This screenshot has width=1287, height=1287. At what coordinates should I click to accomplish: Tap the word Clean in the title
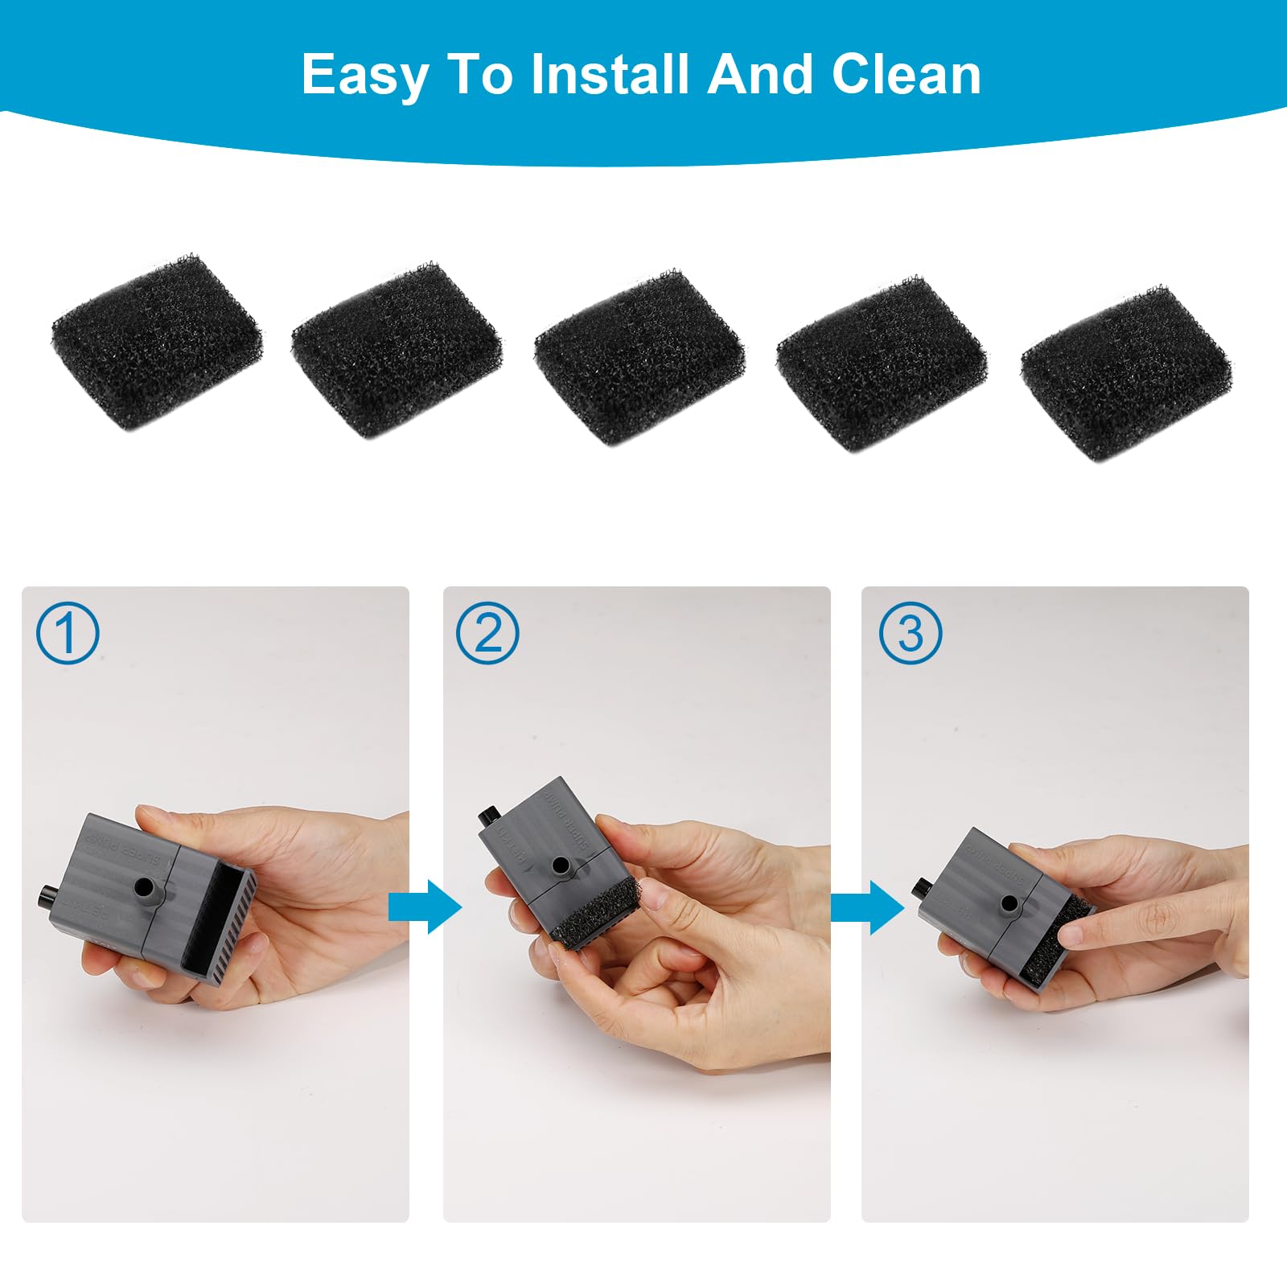tap(906, 74)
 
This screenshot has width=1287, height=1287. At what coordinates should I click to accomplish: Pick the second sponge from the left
tap(397, 351)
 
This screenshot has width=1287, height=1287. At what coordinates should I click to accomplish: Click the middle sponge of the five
tap(639, 359)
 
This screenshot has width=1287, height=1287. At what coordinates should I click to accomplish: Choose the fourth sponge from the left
tap(882, 364)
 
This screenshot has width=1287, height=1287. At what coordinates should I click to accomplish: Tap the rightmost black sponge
tap(1125, 372)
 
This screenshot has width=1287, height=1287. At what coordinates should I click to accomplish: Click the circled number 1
tap(68, 634)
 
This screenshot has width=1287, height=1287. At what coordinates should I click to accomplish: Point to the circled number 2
tap(487, 634)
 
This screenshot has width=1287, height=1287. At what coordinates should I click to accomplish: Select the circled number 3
tap(910, 634)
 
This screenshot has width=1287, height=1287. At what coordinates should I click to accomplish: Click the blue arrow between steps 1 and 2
tap(424, 907)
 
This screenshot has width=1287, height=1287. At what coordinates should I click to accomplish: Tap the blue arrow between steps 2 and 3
tap(866, 907)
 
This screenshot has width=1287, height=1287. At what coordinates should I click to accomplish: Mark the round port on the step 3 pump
tap(1009, 904)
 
